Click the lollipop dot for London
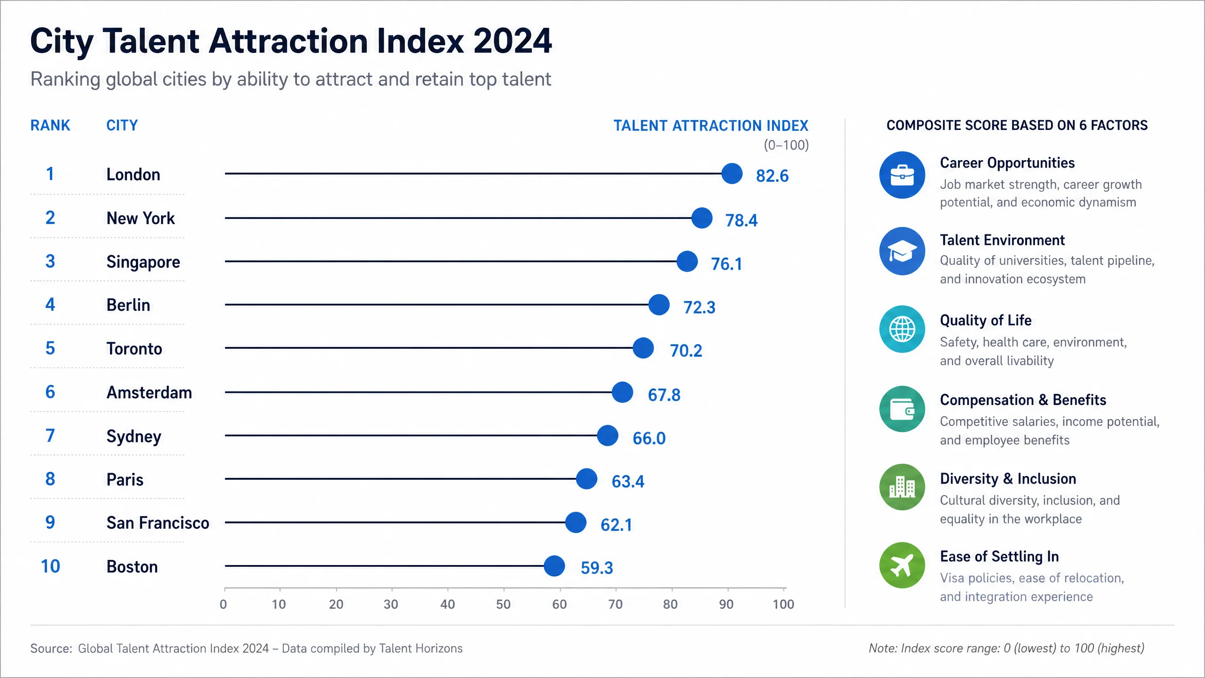point(732,174)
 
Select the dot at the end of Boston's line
point(554,565)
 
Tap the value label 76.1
point(726,264)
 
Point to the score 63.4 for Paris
point(628,481)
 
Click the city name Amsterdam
point(149,392)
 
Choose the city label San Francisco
point(158,523)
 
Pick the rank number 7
point(50,436)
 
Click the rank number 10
point(50,566)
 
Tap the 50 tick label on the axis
point(503,604)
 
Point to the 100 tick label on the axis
point(783,604)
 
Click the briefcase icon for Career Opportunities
point(902,175)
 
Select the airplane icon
point(902,565)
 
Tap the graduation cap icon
point(902,251)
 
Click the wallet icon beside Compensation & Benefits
point(902,409)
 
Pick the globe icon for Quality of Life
point(902,329)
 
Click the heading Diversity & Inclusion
point(1008,478)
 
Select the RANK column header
point(50,125)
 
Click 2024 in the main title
point(512,41)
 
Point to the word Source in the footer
point(49,648)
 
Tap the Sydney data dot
point(607,436)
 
